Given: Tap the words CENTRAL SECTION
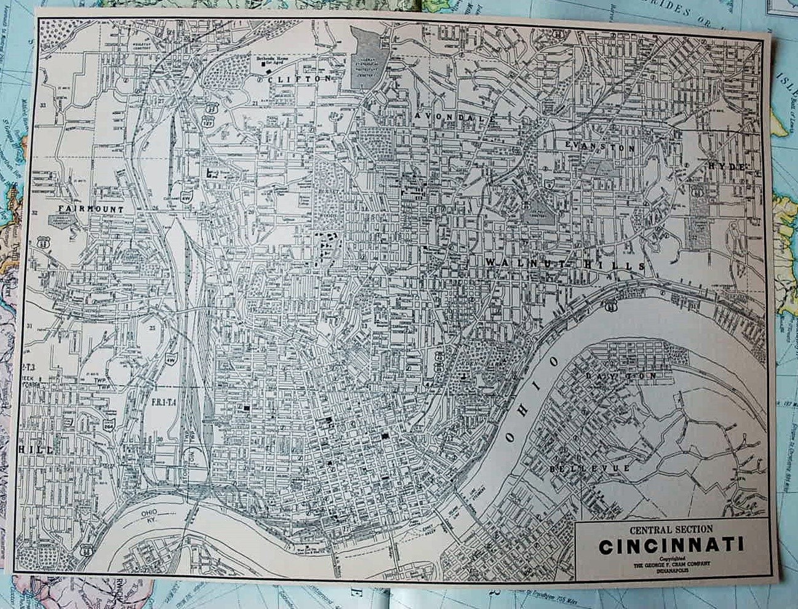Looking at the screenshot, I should click(x=671, y=528).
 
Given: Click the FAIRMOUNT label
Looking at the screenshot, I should click(x=90, y=209).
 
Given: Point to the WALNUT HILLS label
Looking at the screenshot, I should click(x=564, y=265).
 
